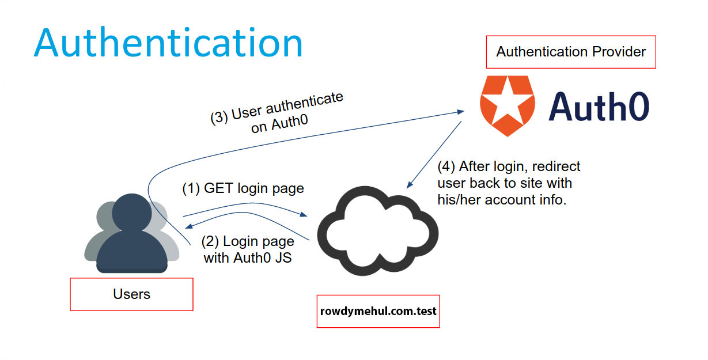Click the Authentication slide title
(168, 43)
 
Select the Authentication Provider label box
(571, 52)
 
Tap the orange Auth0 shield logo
(506, 106)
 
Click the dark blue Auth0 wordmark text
(599, 107)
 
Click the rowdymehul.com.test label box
(378, 311)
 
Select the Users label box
(131, 294)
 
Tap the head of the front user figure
(132, 212)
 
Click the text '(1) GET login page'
(243, 189)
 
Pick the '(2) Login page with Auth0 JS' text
(248, 249)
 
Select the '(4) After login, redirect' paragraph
(509, 184)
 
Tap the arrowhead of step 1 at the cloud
(304, 215)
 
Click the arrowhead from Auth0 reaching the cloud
(409, 186)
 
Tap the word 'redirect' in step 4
(557, 167)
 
